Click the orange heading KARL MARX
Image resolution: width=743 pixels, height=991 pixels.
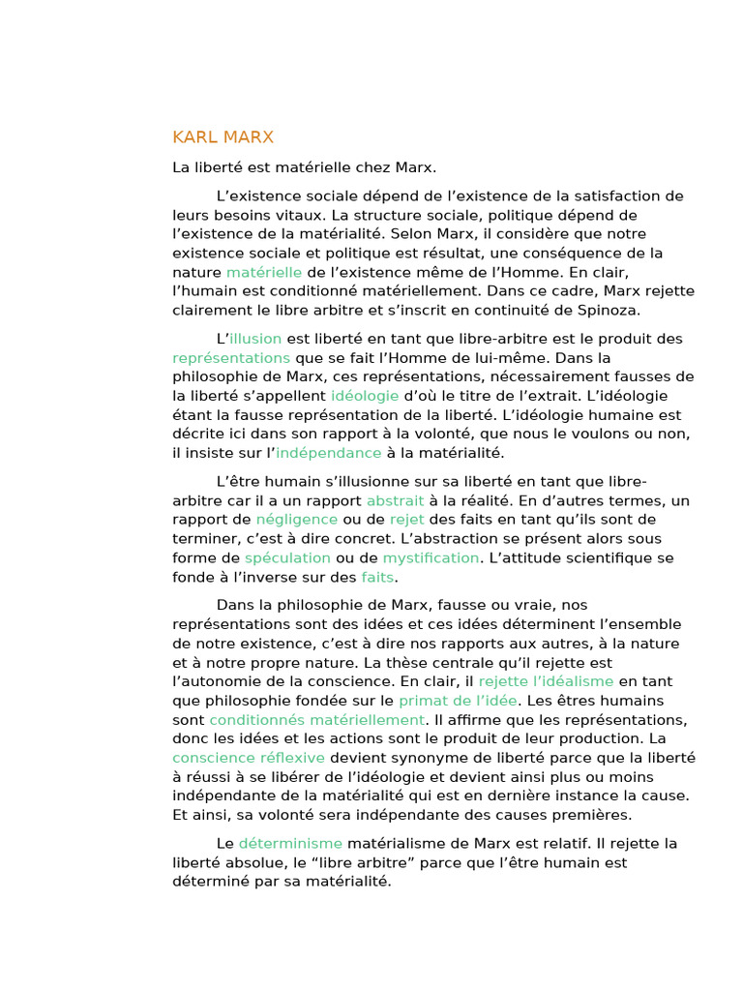[223, 137]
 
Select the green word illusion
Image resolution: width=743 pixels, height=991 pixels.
[255, 339]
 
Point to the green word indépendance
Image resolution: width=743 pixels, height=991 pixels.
[329, 453]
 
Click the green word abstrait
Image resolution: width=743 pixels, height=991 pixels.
[395, 500]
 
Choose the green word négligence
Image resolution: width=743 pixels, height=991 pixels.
[297, 520]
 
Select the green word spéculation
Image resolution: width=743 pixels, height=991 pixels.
[287, 558]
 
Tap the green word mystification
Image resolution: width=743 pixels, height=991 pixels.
[431, 558]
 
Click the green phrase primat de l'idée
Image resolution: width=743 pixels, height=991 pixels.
[459, 701]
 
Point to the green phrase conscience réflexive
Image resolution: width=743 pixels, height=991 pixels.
[249, 758]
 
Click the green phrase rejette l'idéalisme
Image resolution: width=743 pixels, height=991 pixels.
[546, 681]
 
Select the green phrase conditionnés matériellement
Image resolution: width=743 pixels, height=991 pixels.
[317, 720]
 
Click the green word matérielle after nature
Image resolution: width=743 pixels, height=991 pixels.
[264, 272]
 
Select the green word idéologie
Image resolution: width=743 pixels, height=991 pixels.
[365, 396]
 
